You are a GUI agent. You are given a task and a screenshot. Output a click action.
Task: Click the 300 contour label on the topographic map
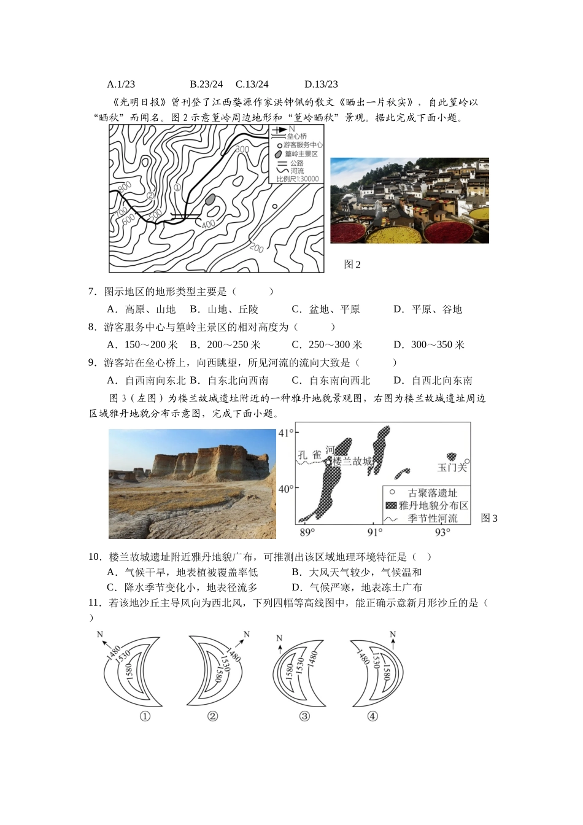click(x=242, y=149)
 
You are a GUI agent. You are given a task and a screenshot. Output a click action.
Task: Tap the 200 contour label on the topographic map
click(x=257, y=248)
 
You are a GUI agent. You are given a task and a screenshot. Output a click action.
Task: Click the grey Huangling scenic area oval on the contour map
click(x=210, y=199)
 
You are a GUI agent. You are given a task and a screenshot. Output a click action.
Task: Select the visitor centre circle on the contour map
click(x=275, y=206)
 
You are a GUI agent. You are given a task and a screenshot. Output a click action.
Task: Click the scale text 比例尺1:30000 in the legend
click(x=298, y=179)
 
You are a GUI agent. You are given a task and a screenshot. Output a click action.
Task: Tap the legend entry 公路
click(x=297, y=163)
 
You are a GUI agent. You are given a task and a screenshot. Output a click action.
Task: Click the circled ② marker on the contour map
click(x=150, y=196)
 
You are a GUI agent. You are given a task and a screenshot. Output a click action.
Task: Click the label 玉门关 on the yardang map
click(x=452, y=468)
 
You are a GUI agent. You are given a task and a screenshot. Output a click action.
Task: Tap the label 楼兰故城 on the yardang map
click(x=352, y=461)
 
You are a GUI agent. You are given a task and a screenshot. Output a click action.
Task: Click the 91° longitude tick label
click(x=375, y=532)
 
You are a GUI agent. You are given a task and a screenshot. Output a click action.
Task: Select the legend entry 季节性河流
click(x=433, y=519)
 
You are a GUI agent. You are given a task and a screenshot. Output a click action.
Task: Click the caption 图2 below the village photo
click(x=352, y=265)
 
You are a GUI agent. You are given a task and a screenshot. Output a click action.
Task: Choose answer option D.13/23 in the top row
click(x=321, y=84)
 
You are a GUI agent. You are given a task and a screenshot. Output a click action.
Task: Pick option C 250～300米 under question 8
click(x=326, y=345)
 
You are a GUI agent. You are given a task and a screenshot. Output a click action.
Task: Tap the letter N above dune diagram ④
click(x=393, y=635)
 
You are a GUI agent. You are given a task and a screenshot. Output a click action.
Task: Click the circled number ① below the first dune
click(x=145, y=716)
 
